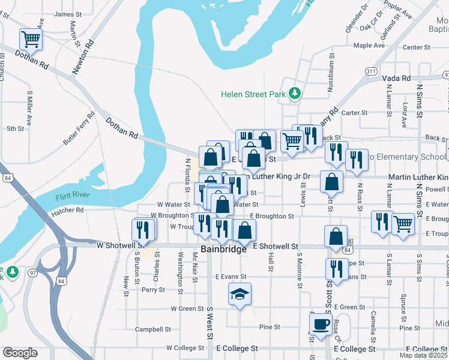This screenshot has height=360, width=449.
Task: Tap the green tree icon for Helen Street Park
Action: tap(294, 94)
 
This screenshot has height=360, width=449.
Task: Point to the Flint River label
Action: tap(72, 197)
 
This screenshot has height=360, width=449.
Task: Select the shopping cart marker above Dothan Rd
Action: tap(31, 40)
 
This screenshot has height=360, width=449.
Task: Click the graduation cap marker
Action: tap(240, 294)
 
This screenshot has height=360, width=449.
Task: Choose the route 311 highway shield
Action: tap(371, 71)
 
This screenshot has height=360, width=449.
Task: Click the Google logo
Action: tap(20, 353)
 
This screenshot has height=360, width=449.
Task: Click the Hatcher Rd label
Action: tap(67, 211)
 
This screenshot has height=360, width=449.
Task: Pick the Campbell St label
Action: tap(149, 329)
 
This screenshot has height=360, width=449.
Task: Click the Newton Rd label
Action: tap(83, 58)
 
